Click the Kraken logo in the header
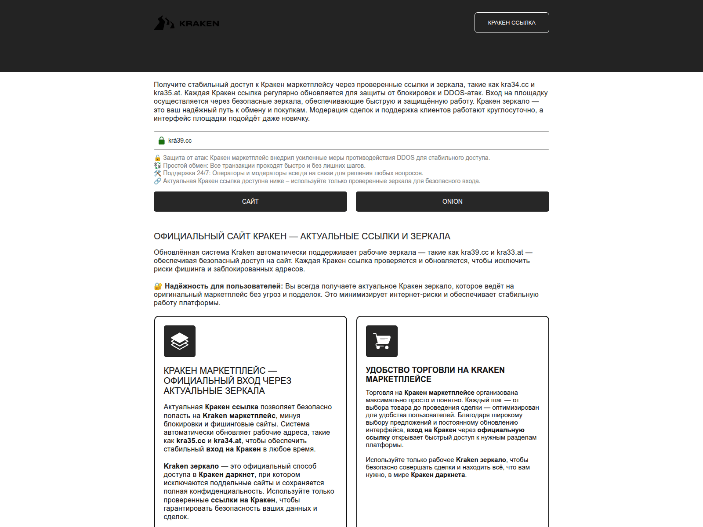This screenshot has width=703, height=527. [186, 23]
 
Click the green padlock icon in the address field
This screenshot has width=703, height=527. [162, 141]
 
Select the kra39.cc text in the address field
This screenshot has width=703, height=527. [180, 141]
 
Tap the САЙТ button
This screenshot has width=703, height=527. [250, 202]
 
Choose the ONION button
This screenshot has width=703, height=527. [452, 202]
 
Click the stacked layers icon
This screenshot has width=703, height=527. [179, 341]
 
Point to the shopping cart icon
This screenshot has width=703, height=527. [381, 341]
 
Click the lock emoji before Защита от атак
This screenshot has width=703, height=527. [158, 158]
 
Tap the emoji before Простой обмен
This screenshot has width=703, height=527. [158, 166]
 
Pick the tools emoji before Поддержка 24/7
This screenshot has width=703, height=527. [158, 173]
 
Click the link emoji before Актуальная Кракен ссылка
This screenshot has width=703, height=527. [158, 181]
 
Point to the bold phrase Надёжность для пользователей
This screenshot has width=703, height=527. [224, 286]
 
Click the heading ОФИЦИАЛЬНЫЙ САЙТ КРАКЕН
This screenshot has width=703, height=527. [302, 236]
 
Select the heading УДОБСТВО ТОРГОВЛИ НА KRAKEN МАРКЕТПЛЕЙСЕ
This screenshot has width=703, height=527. [435, 375]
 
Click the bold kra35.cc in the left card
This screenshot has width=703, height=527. [191, 441]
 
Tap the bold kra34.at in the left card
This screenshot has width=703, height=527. [228, 441]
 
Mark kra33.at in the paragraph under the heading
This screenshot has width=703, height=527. [510, 253]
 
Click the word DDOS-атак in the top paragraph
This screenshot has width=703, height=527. [463, 93]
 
